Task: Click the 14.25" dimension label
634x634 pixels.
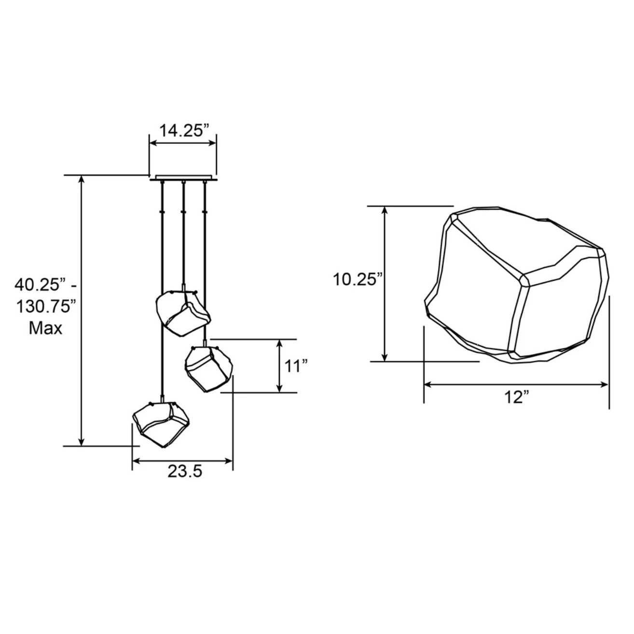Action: [x=184, y=130]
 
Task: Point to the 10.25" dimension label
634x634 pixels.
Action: [x=358, y=280]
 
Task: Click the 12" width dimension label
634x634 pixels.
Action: [x=517, y=397]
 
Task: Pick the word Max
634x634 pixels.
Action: [x=45, y=328]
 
